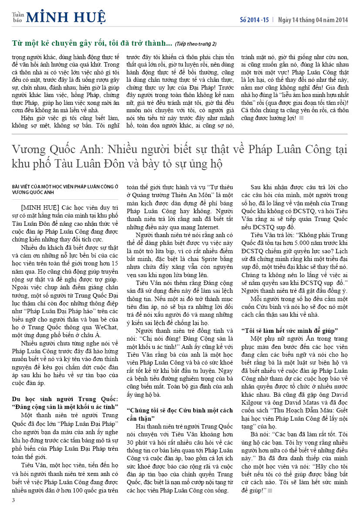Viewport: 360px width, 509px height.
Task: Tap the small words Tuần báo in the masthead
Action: tap(18, 17)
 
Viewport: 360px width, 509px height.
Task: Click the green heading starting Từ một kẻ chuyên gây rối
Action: tap(92, 44)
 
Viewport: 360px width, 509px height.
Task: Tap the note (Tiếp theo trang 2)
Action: tap(195, 44)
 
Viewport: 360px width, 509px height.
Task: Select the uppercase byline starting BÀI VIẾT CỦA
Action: tap(65, 189)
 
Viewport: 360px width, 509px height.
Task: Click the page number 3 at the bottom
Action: tap(13, 500)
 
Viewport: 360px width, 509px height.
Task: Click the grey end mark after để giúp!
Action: tap(270, 491)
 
